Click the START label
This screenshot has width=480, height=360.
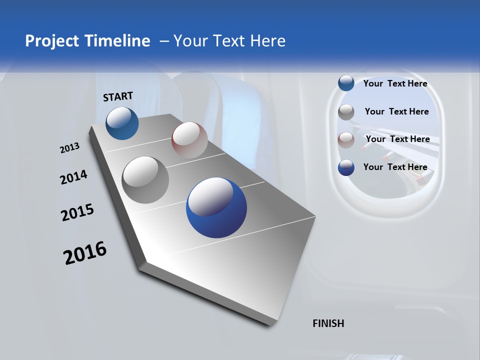point(118,96)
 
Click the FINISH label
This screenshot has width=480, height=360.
point(328,323)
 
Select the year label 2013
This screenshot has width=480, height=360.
point(69,148)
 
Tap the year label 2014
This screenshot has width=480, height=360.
point(73,177)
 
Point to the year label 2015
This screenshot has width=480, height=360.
point(77,212)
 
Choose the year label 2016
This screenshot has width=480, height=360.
point(85,253)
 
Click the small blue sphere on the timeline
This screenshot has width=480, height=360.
point(122,123)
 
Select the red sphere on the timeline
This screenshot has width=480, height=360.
point(189,139)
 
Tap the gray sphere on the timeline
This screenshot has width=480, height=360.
point(145,179)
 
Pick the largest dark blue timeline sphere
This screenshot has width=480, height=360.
point(216,207)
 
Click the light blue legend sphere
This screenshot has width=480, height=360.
point(346,83)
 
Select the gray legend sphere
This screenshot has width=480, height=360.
point(346,112)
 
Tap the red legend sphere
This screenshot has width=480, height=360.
point(346,140)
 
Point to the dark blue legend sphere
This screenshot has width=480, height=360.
point(346,167)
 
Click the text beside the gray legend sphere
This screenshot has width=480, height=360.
point(396,111)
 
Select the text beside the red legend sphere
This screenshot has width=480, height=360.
point(397,139)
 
